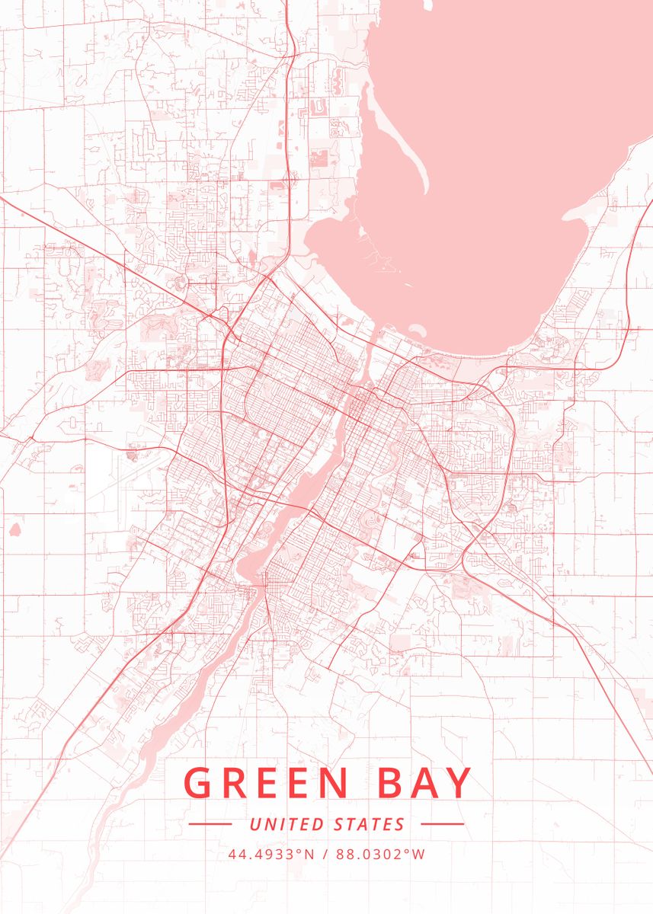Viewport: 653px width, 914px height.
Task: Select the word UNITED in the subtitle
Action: pyautogui.click(x=287, y=824)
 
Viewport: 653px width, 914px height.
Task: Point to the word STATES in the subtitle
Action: pyautogui.click(x=370, y=824)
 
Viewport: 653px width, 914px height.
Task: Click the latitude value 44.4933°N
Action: pyautogui.click(x=271, y=854)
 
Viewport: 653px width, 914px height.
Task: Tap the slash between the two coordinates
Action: pyautogui.click(x=325, y=854)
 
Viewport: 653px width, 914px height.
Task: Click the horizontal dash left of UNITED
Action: pyautogui.click(x=210, y=824)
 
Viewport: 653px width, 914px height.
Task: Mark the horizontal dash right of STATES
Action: pyautogui.click(x=442, y=824)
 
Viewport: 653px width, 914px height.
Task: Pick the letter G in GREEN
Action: pyautogui.click(x=198, y=783)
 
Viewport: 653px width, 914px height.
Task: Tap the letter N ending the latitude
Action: pyautogui.click(x=309, y=854)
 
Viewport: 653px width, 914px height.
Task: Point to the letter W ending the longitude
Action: pyautogui.click(x=419, y=854)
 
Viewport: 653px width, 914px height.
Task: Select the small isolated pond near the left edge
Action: pyautogui.click(x=14, y=527)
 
